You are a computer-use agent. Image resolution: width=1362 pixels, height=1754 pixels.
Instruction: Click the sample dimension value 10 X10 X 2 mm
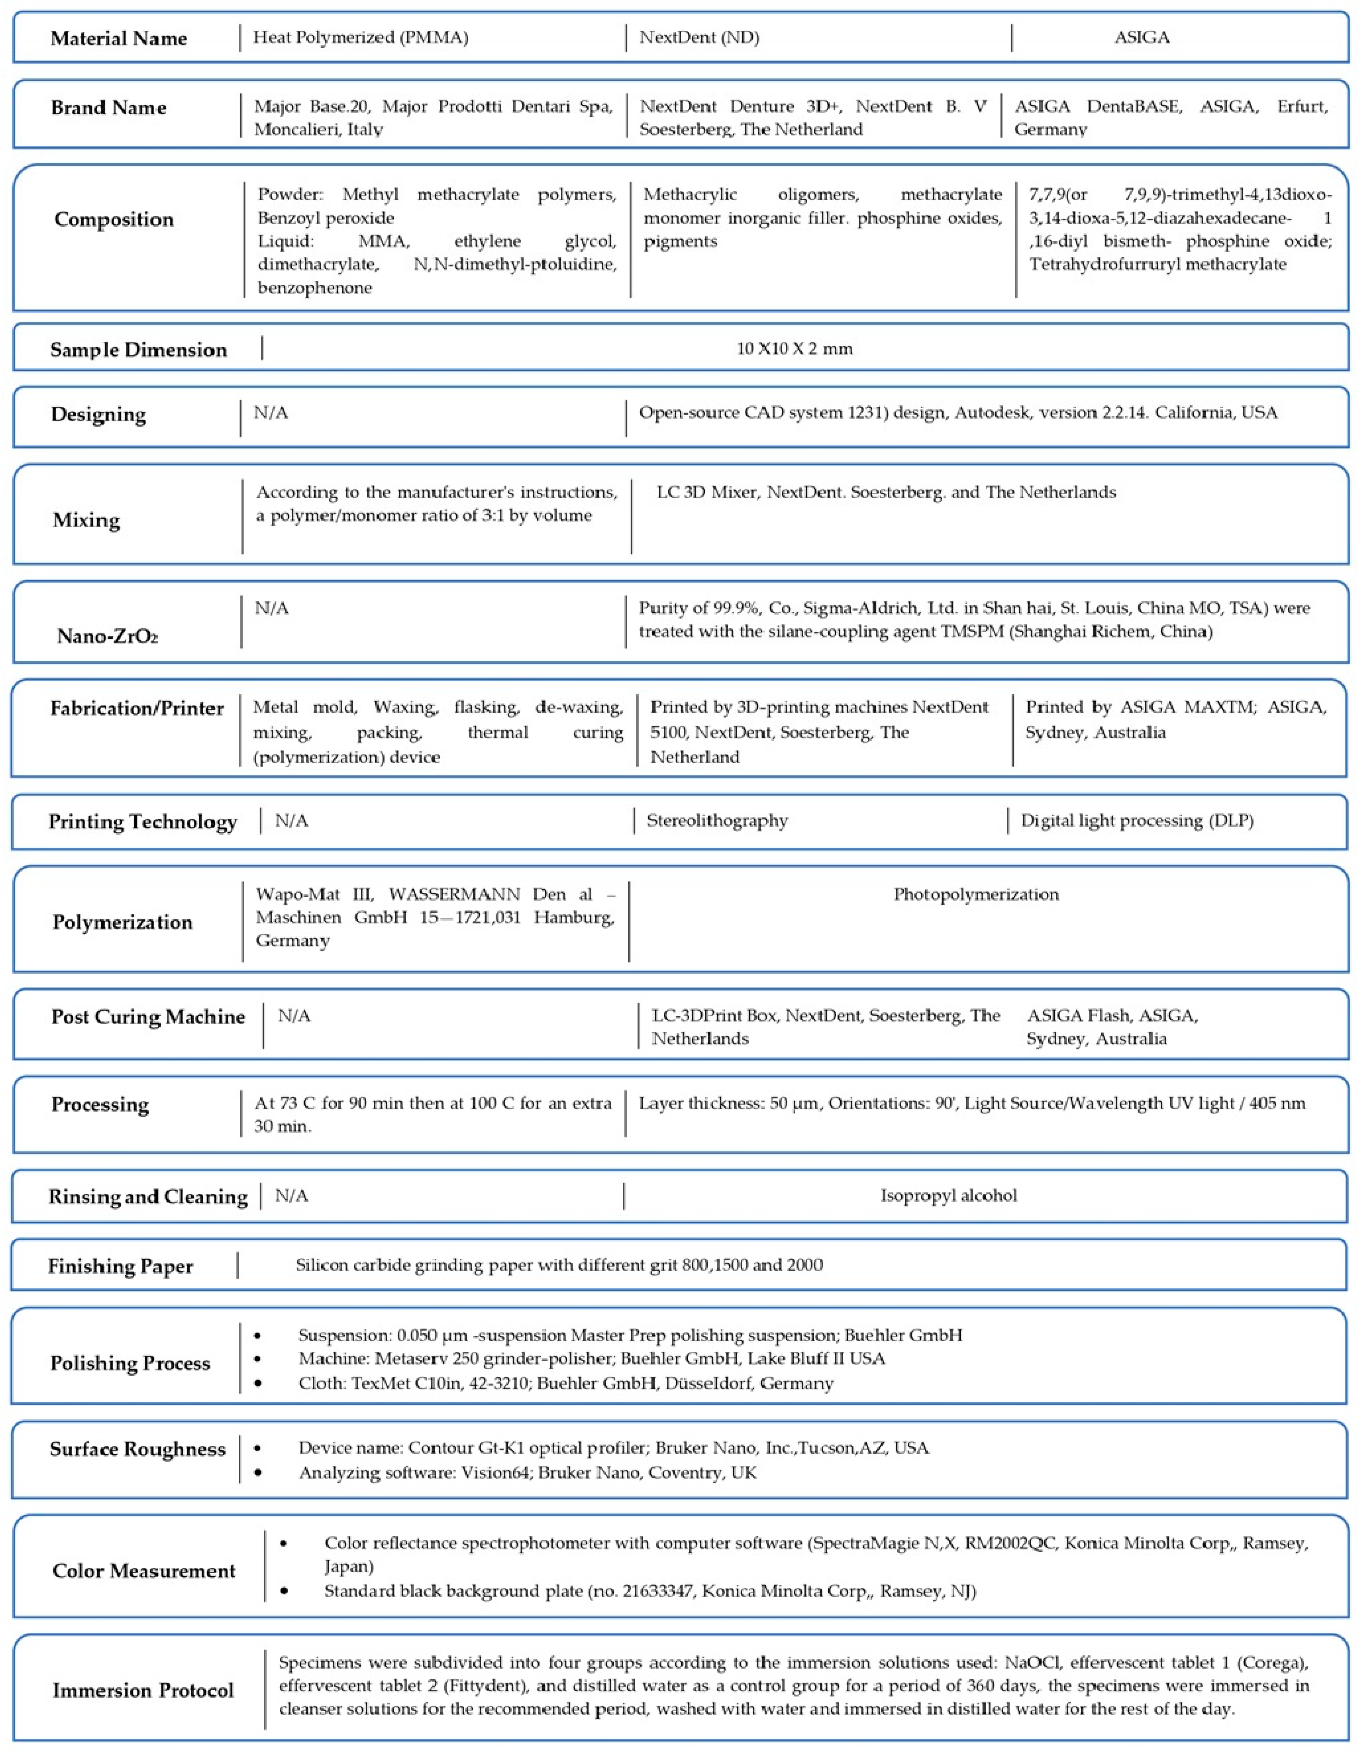(x=794, y=349)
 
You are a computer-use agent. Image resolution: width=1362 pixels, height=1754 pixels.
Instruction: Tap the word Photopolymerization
(x=976, y=894)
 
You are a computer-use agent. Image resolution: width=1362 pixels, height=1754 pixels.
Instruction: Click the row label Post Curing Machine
(x=148, y=1017)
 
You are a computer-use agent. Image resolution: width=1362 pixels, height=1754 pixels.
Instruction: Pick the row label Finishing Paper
(x=120, y=1266)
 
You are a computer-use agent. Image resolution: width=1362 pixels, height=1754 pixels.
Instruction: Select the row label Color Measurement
(x=144, y=1571)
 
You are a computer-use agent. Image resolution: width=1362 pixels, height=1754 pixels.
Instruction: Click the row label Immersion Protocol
(x=143, y=1691)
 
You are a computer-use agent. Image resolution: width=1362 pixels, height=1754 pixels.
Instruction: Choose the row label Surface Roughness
(x=137, y=1449)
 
